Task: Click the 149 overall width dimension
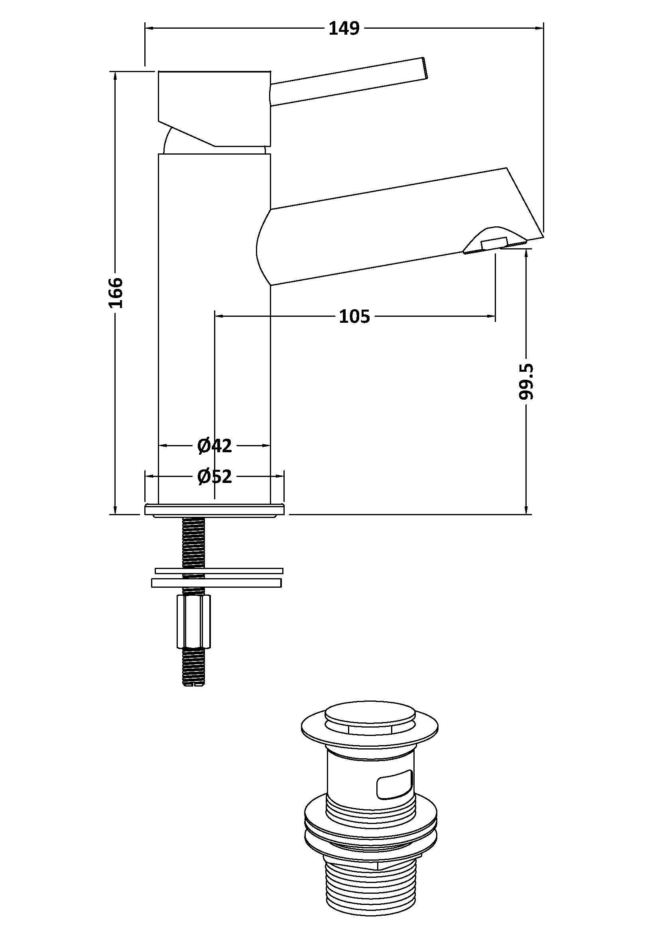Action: point(344,28)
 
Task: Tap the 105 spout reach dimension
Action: point(354,316)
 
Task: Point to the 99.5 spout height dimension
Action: point(526,382)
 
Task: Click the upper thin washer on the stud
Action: point(219,571)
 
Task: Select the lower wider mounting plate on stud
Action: point(216,583)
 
